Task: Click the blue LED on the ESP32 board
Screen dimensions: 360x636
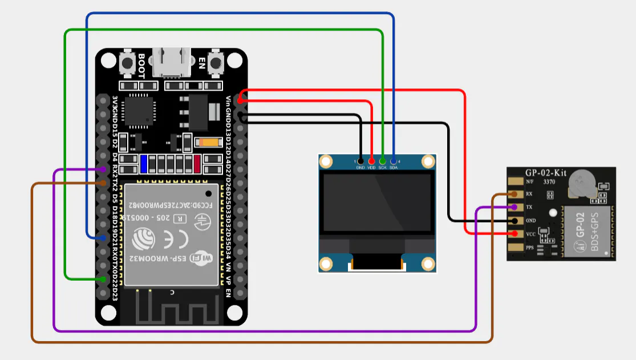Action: pos(144,164)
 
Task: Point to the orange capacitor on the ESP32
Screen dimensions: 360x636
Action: pos(206,143)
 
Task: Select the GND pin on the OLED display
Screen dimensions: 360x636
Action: pos(360,161)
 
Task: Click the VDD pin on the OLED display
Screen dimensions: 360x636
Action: pos(371,161)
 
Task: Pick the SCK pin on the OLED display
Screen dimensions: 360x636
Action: pos(383,161)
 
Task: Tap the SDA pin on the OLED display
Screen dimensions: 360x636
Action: pos(394,161)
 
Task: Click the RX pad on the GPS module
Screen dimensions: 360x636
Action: pos(515,194)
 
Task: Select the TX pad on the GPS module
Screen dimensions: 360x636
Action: pos(515,207)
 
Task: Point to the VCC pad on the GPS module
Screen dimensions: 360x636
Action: pos(515,234)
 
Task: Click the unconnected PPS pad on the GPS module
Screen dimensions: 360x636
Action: pos(515,248)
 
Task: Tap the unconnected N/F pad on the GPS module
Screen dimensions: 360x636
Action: pos(515,181)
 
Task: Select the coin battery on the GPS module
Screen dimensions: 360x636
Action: pos(582,181)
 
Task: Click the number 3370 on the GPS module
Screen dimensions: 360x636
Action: pos(549,181)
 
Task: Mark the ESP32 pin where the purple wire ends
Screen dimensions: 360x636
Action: pos(103,169)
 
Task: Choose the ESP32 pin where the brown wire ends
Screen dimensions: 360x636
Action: pos(103,183)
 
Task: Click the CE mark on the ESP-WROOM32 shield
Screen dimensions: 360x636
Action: pos(164,238)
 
